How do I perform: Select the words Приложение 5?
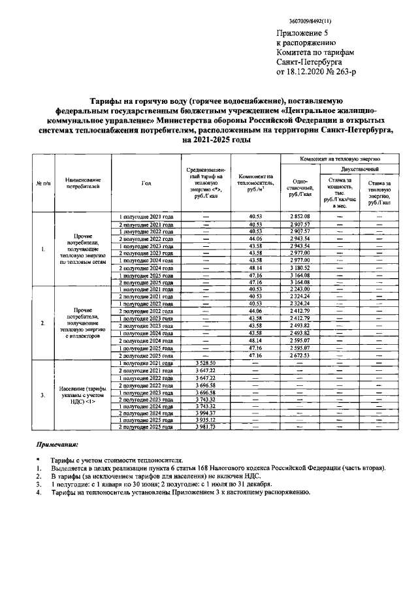(301, 33)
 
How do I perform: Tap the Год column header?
(146, 183)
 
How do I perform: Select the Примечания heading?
(57, 445)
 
